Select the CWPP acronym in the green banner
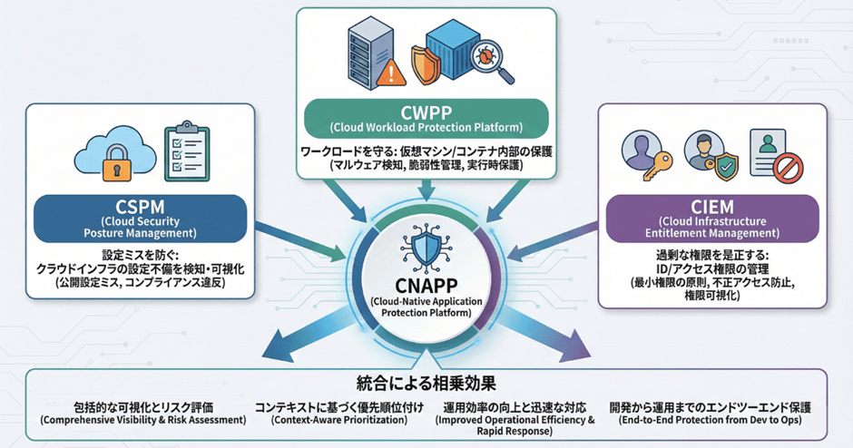(x=425, y=111)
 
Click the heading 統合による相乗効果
(x=426, y=381)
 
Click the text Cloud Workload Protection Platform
(x=425, y=126)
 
